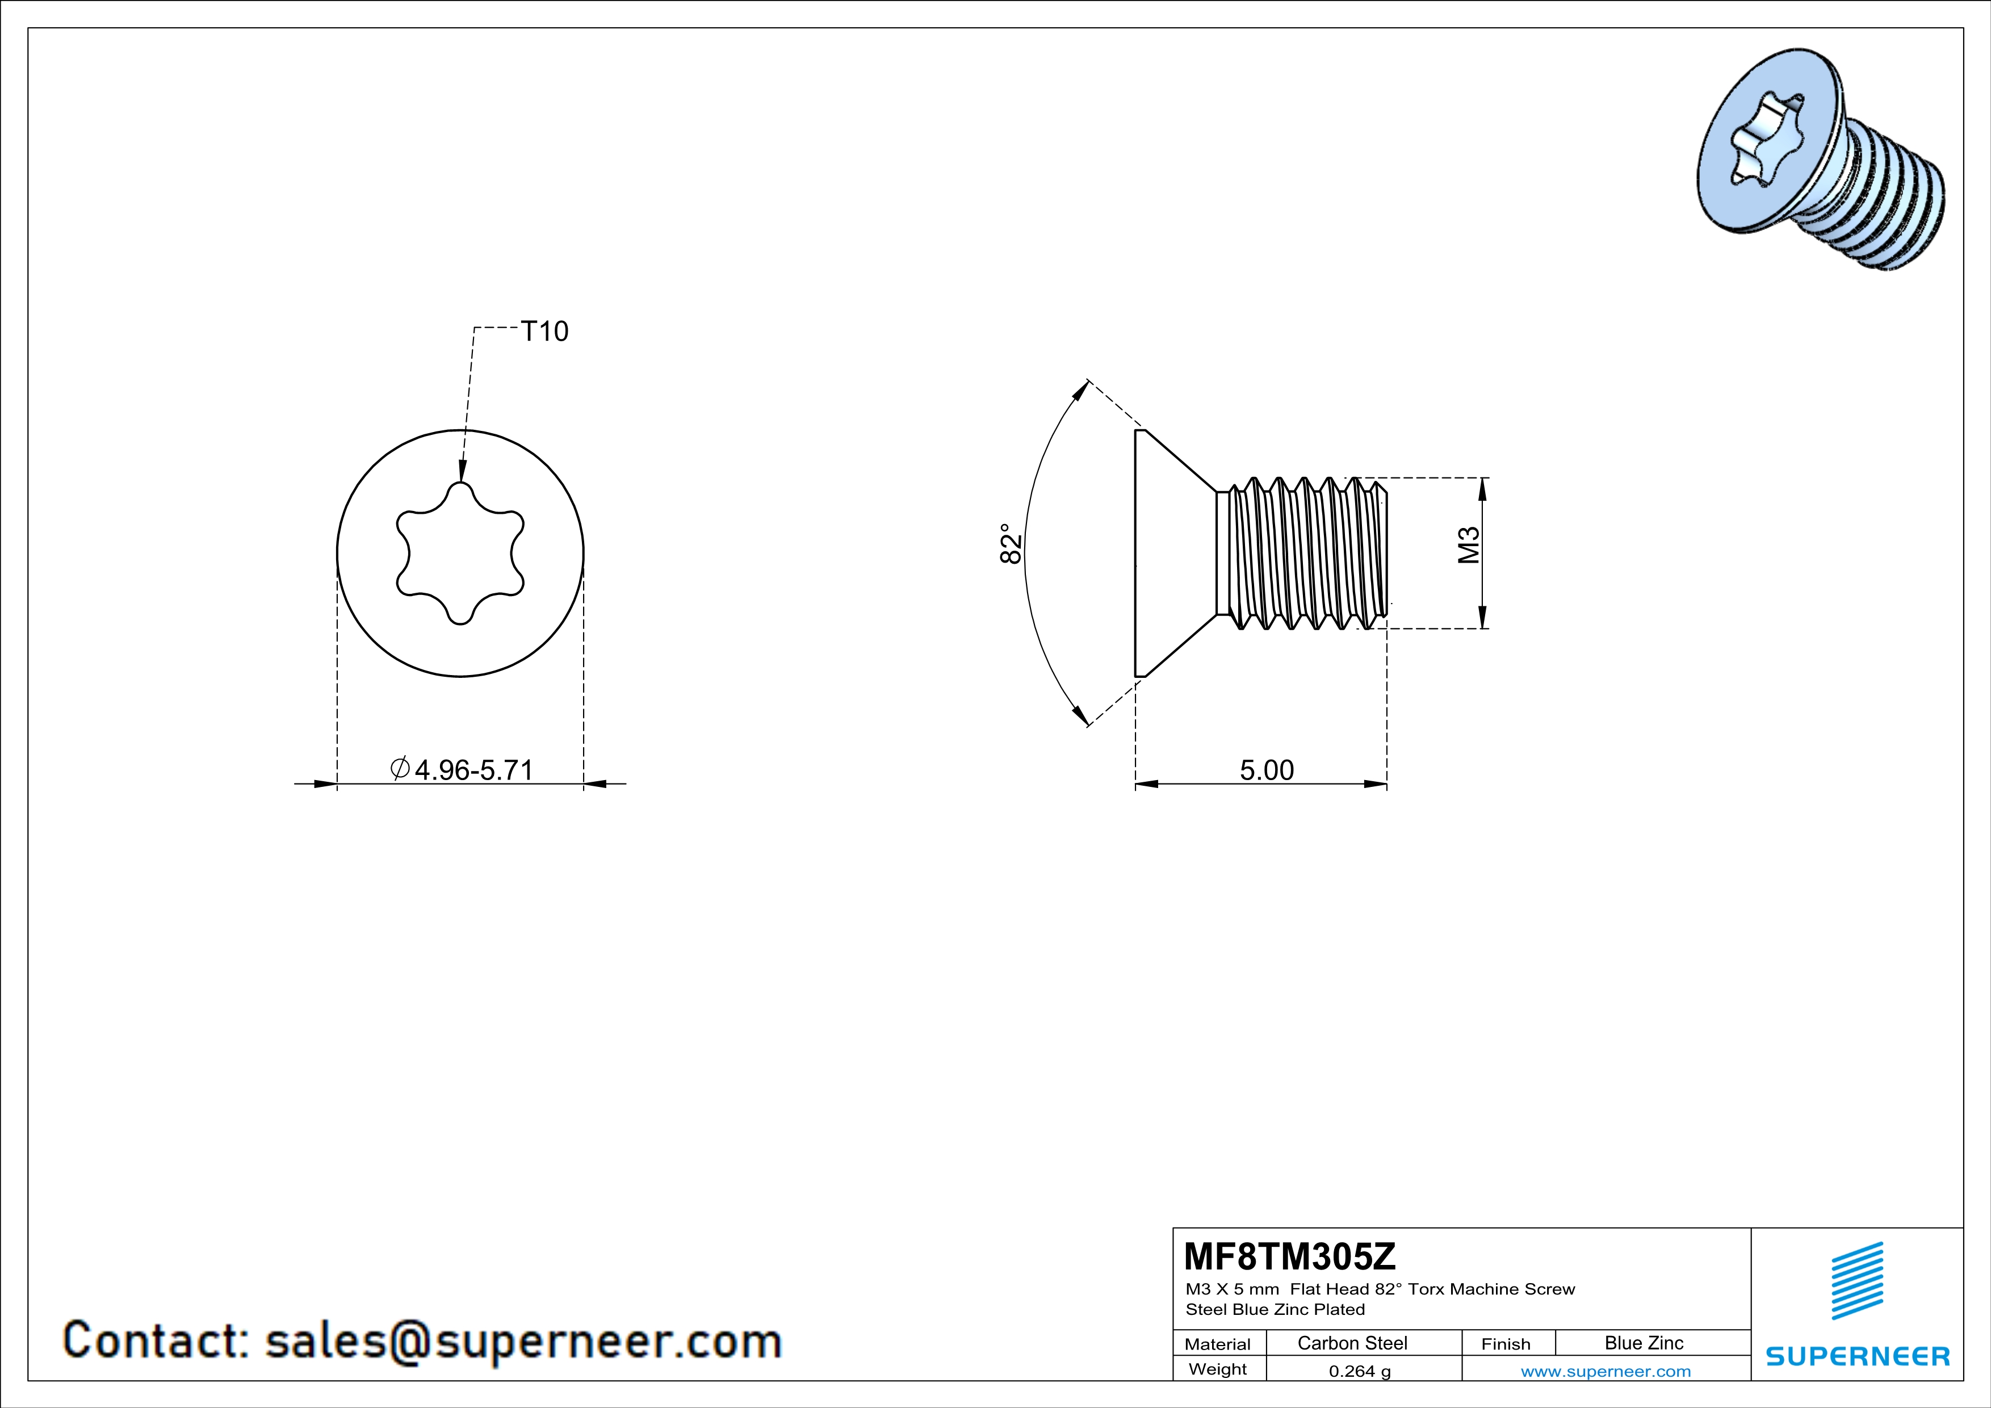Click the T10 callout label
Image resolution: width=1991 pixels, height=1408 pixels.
pyautogui.click(x=544, y=331)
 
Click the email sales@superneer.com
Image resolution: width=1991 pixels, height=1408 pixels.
pyautogui.click(x=523, y=1340)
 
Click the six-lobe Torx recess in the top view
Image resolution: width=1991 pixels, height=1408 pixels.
pyautogui.click(x=460, y=553)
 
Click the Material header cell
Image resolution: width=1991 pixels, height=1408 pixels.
pyautogui.click(x=1218, y=1344)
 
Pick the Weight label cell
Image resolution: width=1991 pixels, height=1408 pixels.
pyautogui.click(x=1218, y=1369)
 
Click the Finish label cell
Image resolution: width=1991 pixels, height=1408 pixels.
pyautogui.click(x=1506, y=1344)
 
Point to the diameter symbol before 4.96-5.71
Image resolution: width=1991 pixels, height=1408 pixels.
pyautogui.click(x=400, y=768)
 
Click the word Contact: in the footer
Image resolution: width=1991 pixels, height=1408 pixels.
pyautogui.click(x=156, y=1340)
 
